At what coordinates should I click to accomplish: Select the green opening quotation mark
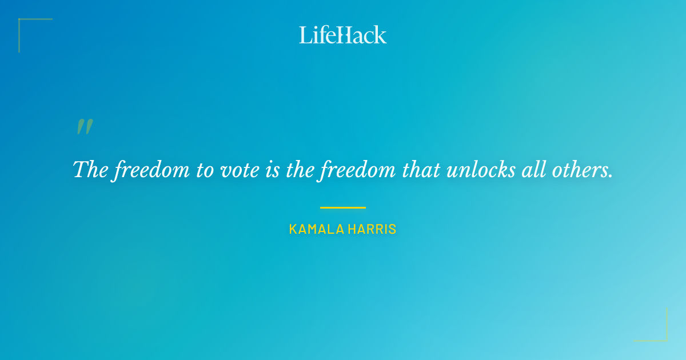(x=85, y=127)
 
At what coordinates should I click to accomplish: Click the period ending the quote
(x=610, y=176)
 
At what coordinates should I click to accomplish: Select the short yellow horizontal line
(x=343, y=207)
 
